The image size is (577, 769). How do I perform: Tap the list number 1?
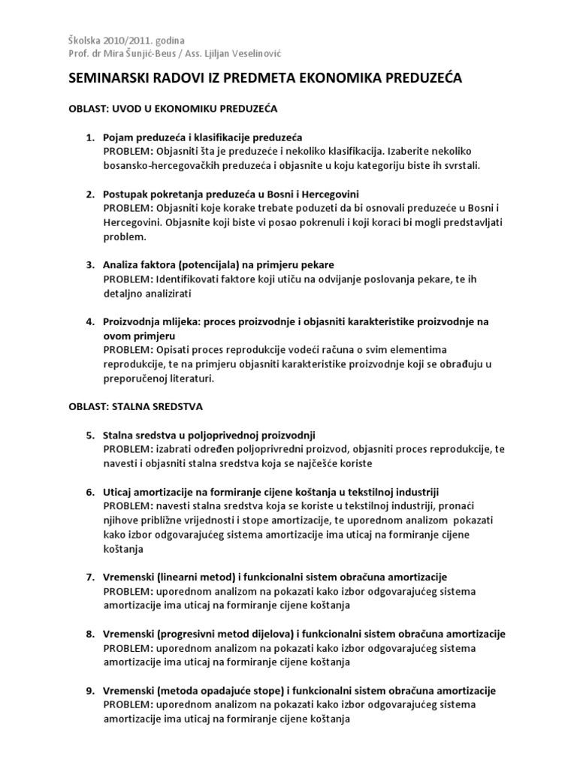[89, 138]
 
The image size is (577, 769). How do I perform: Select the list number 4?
[89, 321]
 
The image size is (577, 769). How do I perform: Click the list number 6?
[89, 490]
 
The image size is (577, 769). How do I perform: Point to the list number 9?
[89, 691]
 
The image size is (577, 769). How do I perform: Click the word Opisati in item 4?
[174, 351]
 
